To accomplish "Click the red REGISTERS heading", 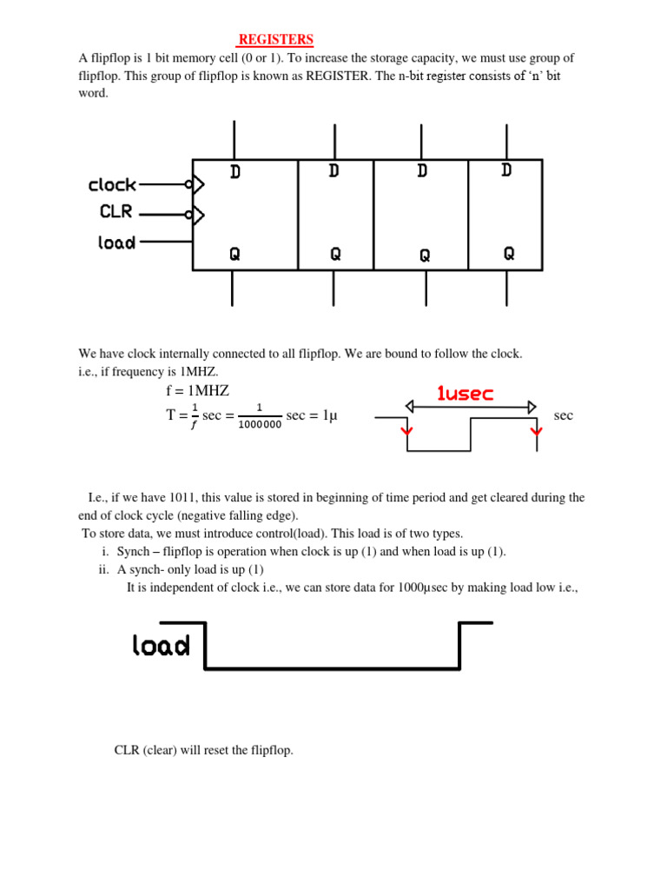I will pos(276,40).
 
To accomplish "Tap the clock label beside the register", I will pos(112,184).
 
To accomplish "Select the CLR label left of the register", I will pos(116,211).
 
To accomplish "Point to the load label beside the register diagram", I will pos(116,242).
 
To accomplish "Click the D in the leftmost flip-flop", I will pos(235,172).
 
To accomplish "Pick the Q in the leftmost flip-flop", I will pos(234,254).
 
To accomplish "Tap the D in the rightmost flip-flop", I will pos(506,170).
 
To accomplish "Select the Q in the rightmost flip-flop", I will pos(509,253).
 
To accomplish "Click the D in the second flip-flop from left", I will pos(334,171).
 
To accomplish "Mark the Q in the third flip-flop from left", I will pos(425,256).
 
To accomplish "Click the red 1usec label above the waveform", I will pos(465,394).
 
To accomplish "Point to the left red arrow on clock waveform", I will pos(407,429).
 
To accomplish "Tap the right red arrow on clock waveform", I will pos(537,429).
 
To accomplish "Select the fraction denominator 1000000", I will pos(259,425).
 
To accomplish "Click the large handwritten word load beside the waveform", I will pos(161,645).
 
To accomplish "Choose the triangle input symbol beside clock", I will pos(198,184).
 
